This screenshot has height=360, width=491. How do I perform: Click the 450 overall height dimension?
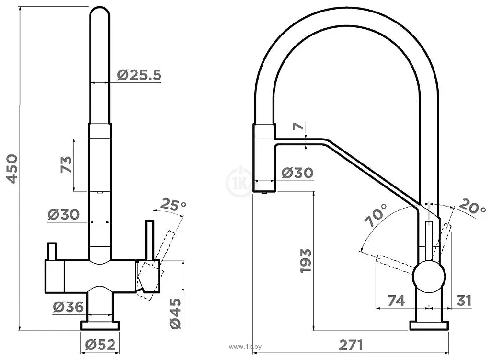12,169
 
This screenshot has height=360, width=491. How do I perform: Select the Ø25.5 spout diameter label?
139,75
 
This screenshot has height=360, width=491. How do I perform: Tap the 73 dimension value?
66,164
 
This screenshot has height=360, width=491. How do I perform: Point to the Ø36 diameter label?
68,307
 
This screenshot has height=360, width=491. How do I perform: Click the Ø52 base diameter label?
100,345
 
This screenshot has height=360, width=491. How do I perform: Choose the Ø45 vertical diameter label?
175,314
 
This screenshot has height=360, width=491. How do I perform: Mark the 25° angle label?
173,205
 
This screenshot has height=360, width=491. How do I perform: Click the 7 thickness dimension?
298,126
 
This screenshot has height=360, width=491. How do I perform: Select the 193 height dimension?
306,261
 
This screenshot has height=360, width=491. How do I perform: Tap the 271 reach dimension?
351,345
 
